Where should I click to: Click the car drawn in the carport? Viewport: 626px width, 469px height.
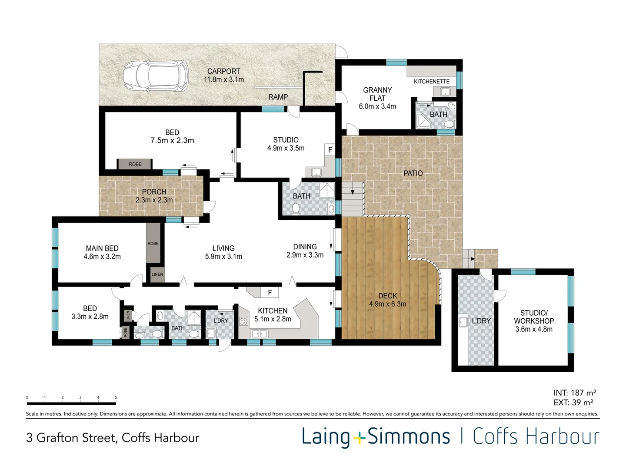156,76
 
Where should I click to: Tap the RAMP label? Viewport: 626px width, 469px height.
278,97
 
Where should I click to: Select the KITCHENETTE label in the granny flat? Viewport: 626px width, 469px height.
432,82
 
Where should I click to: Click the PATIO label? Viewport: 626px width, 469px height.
413,173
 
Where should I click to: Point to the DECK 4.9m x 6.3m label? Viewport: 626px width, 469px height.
388,300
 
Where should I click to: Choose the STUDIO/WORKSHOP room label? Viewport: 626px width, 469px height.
533,321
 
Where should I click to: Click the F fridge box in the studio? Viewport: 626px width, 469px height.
330,150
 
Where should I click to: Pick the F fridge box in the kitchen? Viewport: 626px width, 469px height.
270,292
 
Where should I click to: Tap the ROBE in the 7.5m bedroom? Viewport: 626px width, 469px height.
135,164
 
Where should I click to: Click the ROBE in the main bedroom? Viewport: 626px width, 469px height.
153,243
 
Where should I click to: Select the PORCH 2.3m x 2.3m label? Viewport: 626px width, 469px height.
154,196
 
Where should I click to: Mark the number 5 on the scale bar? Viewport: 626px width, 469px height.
116,397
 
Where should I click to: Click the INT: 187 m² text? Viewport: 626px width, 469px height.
575,393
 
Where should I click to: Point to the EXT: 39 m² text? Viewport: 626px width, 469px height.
573,403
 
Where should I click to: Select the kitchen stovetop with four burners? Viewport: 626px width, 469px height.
243,321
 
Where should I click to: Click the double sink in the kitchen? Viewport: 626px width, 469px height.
259,334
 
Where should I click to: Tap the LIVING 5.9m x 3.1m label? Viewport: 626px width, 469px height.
223,252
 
